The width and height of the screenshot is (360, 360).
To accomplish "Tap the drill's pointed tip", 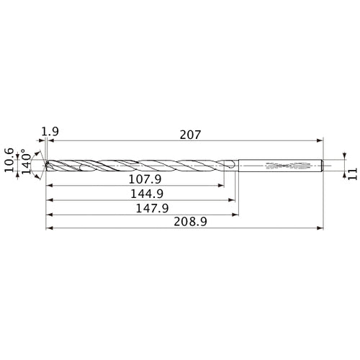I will click(45, 165).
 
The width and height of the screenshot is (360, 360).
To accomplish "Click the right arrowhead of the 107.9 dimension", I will click(221, 184).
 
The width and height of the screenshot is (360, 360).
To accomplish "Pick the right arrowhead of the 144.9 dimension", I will click(234, 199).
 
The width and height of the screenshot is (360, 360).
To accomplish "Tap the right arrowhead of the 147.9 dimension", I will click(236, 215).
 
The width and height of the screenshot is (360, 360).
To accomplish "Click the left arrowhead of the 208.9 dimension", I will click(48, 229).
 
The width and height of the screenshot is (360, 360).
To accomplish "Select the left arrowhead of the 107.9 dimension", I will click(48, 184).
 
